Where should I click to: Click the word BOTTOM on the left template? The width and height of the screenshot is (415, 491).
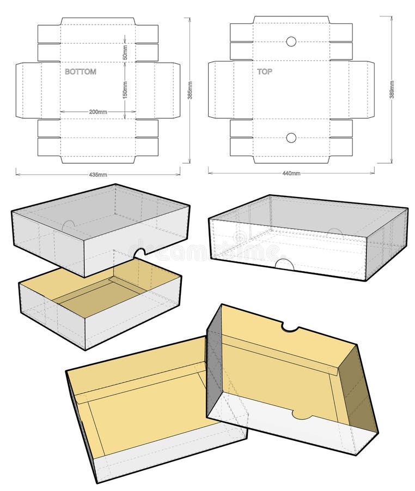point(80,71)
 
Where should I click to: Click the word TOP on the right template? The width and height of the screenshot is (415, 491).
point(265,71)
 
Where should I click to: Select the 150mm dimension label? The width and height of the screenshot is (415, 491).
point(125,91)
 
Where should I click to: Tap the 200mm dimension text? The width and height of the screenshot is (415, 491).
point(98,112)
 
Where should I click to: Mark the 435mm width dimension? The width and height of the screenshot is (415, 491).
point(98,175)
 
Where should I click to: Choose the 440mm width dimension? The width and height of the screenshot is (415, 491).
point(291,173)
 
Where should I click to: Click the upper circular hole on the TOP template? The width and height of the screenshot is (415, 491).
point(291,41)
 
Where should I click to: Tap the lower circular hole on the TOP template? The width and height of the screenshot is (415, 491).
point(291,137)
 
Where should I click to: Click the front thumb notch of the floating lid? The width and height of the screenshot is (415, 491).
point(141,252)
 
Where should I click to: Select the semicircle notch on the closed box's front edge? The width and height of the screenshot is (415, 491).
point(284,265)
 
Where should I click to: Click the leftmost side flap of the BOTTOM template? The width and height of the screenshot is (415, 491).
point(27,90)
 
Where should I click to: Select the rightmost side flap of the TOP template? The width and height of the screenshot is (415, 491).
point(362,90)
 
